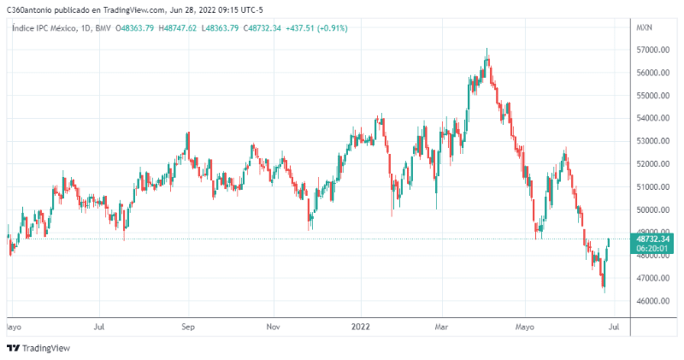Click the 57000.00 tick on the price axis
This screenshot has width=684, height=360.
coord(652,50)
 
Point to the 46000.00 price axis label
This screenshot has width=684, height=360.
coord(652,301)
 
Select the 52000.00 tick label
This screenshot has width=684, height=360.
coord(652,164)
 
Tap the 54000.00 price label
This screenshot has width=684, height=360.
coord(652,119)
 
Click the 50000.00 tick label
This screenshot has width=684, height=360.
coord(652,210)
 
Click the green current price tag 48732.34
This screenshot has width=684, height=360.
coord(652,239)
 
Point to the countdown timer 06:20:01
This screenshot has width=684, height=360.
coord(652,249)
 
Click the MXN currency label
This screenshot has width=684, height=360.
coord(645,28)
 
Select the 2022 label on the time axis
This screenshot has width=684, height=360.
coord(361,327)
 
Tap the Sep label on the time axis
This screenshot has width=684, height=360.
coord(188,327)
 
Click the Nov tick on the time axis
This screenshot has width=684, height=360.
coord(273,327)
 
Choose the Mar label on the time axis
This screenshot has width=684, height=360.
coord(442,327)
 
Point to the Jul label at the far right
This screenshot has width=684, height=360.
coord(613,327)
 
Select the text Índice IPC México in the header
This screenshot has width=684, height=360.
coord(42,28)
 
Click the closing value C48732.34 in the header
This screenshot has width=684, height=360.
coord(270,28)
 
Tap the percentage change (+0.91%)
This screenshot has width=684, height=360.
coord(333,28)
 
